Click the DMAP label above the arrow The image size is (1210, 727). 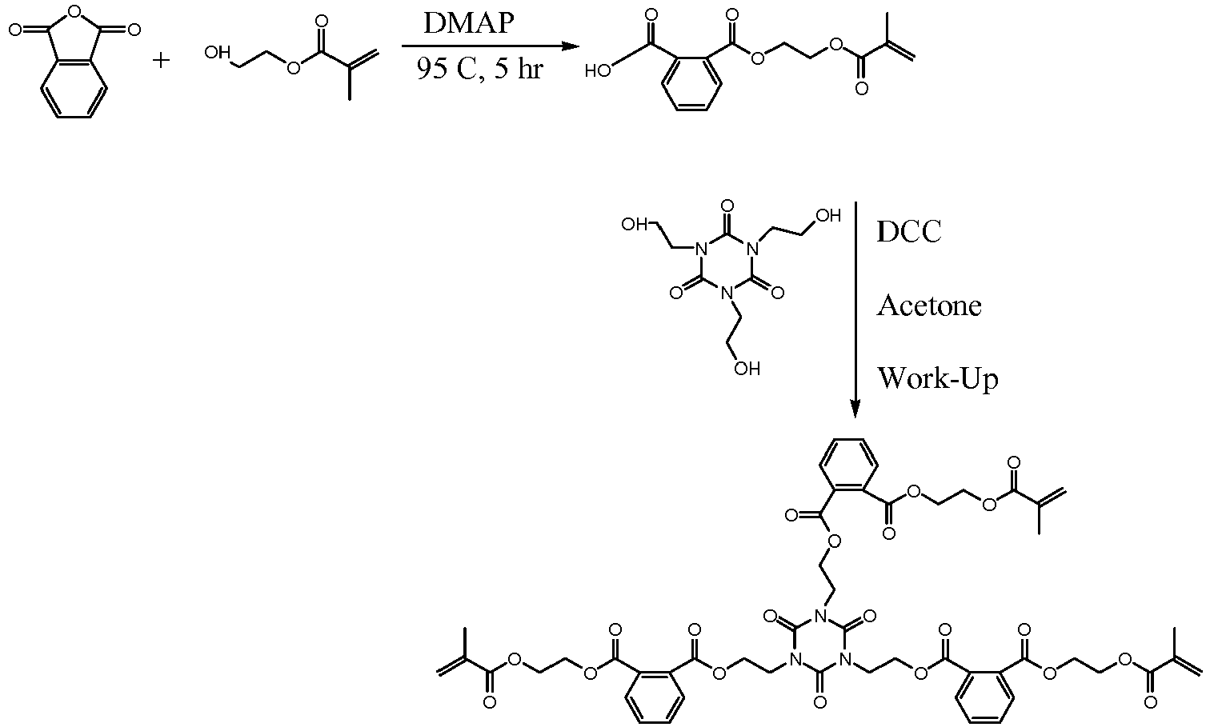[469, 23]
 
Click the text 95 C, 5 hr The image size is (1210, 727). [479, 69]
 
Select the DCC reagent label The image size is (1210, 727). [909, 232]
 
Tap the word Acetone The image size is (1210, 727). [929, 306]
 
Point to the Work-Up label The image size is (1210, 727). [938, 379]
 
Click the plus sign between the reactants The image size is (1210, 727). [160, 60]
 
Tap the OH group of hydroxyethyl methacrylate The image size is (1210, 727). [218, 53]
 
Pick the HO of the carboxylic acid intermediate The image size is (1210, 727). [599, 70]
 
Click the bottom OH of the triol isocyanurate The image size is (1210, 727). [747, 369]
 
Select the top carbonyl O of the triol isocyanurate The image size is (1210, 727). [727, 206]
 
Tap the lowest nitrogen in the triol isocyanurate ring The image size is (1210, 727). [727, 294]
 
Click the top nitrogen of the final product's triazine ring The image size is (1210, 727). [820, 615]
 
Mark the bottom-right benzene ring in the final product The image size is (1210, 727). [985, 697]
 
